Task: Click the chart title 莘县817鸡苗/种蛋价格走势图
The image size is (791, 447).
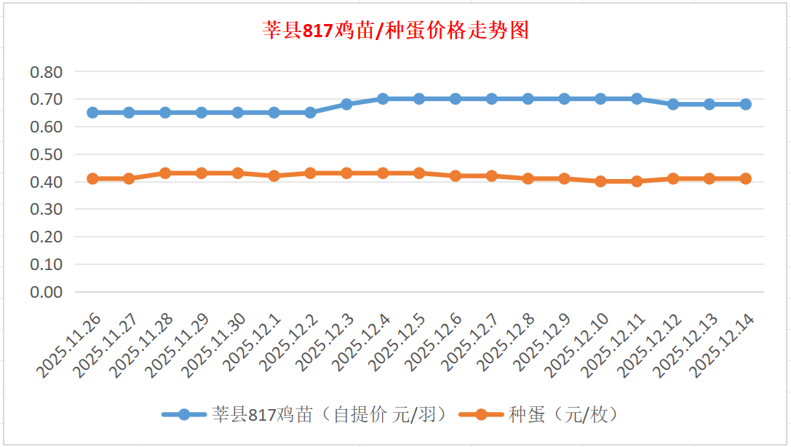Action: click(395, 31)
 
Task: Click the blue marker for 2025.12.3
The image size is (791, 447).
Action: click(346, 104)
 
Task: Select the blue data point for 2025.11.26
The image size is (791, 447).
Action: click(92, 113)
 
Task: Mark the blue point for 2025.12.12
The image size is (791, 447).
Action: click(673, 104)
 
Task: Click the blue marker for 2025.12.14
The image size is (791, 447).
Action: click(746, 104)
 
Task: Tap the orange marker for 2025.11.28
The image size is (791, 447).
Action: click(165, 173)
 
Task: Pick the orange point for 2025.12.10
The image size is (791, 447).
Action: click(600, 181)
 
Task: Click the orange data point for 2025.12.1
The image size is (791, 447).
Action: click(274, 175)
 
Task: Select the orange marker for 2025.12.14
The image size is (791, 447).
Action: click(746, 178)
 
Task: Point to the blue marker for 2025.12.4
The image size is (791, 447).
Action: click(383, 99)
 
